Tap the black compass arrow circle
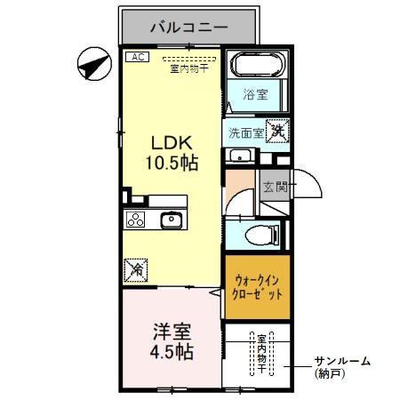[92, 64]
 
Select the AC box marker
[137, 57]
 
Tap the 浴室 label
[256, 94]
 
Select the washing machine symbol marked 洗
[277, 131]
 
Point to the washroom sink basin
[237, 156]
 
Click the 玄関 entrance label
[275, 187]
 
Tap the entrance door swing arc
[307, 185]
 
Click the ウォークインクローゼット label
[256, 286]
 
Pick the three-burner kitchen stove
[136, 220]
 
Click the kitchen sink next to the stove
[170, 220]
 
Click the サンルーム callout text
[341, 362]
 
